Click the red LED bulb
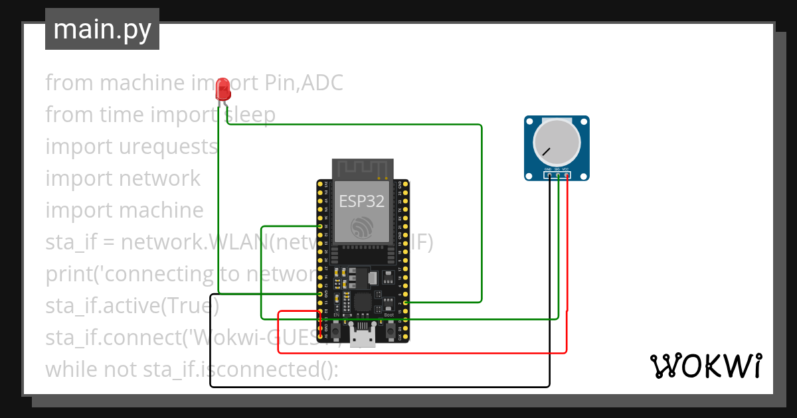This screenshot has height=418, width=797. point(223,88)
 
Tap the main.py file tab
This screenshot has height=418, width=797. point(102,29)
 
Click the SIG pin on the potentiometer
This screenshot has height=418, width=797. point(558,175)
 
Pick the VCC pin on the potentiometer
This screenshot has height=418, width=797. point(567,175)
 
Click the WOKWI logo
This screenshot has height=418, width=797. point(705,366)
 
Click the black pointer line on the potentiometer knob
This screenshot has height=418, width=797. point(546,152)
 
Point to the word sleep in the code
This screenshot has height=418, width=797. point(248,115)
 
